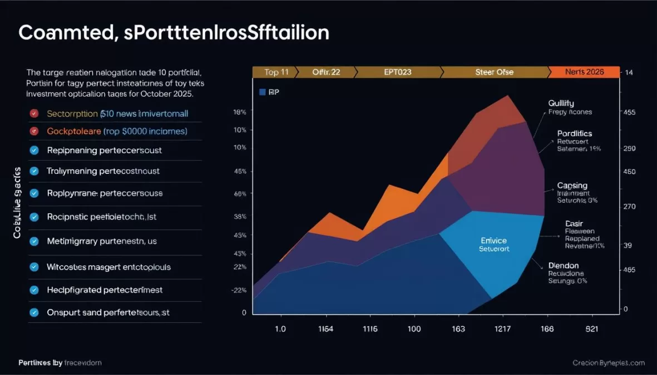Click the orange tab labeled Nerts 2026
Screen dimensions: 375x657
coord(584,72)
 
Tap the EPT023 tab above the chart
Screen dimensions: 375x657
coord(398,72)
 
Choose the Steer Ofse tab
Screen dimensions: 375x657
coord(494,72)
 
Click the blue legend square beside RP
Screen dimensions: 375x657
coord(263,92)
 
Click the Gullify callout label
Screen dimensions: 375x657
coord(561,103)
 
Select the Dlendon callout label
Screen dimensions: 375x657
coord(563,266)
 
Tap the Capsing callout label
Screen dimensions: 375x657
coord(572,186)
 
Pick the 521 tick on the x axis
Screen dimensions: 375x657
coord(591,329)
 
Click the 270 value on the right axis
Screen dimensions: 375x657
coord(630,207)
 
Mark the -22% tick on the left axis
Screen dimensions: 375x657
coord(239,291)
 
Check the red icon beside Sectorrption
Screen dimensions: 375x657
coord(34,113)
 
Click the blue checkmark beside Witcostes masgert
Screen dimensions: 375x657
coord(34,267)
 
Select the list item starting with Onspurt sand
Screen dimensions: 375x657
coord(108,313)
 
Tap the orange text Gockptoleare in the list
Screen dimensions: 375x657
coord(74,132)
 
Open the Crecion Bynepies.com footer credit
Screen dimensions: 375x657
coord(609,363)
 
